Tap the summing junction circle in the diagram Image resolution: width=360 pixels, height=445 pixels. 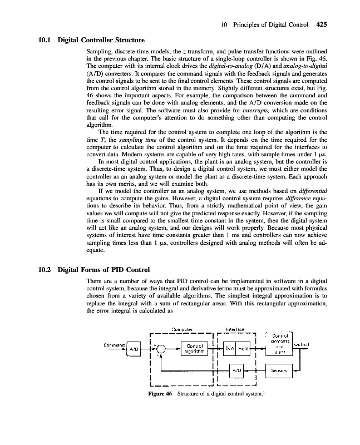(x=160, y=348)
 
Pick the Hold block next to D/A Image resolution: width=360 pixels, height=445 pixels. (x=244, y=348)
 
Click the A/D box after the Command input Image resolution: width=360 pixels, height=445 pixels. (x=134, y=348)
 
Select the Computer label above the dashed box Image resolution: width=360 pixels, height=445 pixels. (x=182, y=329)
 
